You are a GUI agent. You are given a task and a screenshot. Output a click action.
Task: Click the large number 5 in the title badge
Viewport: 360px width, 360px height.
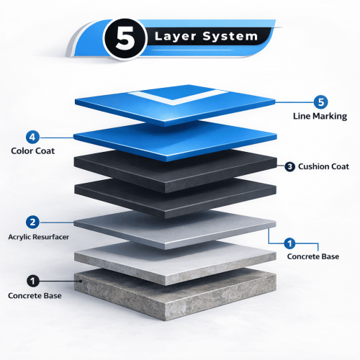click(x=125, y=38)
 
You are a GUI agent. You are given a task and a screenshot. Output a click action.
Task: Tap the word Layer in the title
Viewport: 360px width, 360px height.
click(x=176, y=37)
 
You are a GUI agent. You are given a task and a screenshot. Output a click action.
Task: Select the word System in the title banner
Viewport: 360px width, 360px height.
click(x=230, y=37)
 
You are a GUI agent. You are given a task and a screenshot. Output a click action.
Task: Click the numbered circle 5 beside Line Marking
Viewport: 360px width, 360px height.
click(x=320, y=102)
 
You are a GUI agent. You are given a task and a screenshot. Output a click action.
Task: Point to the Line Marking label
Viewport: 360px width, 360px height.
click(x=320, y=116)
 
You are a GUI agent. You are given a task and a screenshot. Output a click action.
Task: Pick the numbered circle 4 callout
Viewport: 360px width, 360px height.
click(x=32, y=138)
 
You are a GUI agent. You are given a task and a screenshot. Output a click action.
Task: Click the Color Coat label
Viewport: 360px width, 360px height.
click(x=33, y=151)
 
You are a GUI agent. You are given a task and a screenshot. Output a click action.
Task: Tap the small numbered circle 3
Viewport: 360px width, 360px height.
click(x=289, y=166)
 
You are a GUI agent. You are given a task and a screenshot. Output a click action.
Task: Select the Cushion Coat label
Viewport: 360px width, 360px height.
click(x=323, y=166)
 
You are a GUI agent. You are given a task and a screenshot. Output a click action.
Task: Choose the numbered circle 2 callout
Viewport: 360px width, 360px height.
click(x=32, y=222)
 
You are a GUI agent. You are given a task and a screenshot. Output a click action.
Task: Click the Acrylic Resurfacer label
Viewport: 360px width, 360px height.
click(x=38, y=237)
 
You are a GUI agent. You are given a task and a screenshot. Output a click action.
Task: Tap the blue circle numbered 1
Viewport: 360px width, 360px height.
click(x=289, y=243)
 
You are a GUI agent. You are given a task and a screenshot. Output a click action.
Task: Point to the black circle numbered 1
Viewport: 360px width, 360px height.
click(x=33, y=281)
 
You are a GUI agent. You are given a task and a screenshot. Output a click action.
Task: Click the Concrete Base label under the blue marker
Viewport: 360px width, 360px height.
click(x=313, y=256)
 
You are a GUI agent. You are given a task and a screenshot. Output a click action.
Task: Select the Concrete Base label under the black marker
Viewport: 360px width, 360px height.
click(x=35, y=295)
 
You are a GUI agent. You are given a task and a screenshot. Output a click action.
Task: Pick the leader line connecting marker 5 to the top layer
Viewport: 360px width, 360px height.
click(x=294, y=102)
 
